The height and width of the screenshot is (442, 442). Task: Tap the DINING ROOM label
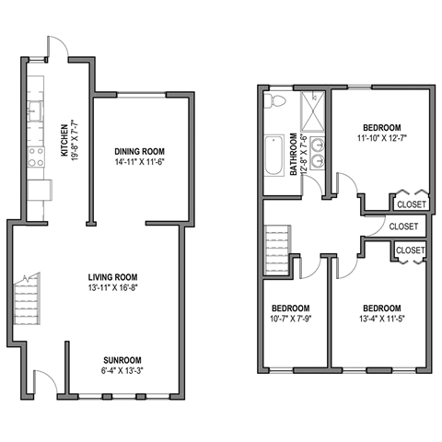click(140, 150)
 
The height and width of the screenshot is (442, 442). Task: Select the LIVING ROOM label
click(114, 275)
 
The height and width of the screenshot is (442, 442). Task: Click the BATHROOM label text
click(296, 155)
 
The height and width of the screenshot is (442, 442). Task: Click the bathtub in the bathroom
click(273, 157)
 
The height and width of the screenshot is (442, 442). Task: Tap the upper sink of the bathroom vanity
click(319, 143)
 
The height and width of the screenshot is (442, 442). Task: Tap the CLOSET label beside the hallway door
click(403, 226)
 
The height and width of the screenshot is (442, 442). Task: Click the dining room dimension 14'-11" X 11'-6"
click(140, 162)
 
